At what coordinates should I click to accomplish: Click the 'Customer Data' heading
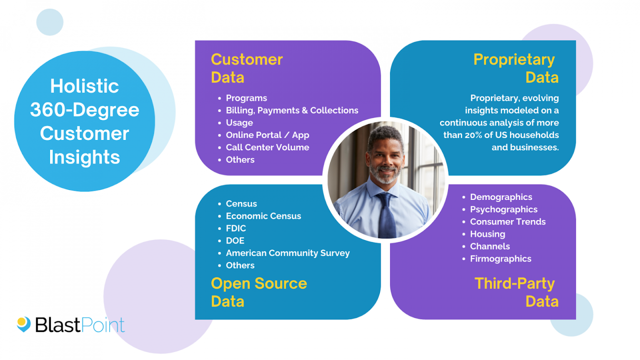tap(247, 68)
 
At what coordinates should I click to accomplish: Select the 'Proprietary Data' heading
tap(516, 68)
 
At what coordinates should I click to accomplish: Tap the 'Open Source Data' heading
tap(259, 292)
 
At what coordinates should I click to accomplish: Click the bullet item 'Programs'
tap(246, 98)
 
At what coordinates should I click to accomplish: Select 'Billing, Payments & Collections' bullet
tap(292, 110)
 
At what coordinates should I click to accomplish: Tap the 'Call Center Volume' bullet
tap(267, 147)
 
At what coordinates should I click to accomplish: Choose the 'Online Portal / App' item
tap(267, 135)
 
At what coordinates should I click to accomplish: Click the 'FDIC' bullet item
tap(236, 228)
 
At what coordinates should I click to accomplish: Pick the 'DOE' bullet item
tap(235, 241)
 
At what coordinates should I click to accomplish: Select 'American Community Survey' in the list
tap(287, 253)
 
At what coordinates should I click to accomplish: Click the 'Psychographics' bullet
tap(503, 210)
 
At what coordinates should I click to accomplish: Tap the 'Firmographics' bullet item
tap(500, 259)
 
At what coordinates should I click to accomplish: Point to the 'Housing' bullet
tap(487, 234)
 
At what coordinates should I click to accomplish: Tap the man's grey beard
tap(385, 175)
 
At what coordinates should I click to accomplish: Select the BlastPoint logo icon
tap(24, 324)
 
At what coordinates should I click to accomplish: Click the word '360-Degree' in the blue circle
tap(85, 110)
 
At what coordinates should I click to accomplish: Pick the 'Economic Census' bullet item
tap(263, 216)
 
